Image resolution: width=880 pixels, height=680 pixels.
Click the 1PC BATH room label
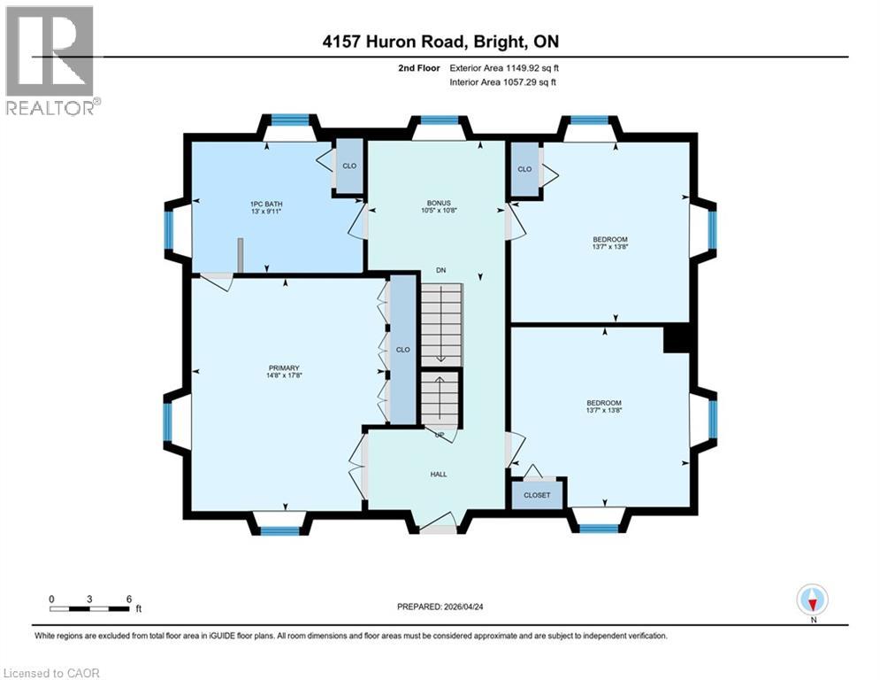click(264, 207)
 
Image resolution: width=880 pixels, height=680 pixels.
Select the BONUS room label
click(437, 206)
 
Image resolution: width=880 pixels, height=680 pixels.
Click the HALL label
click(438, 474)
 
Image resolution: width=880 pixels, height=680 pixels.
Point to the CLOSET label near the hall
click(537, 495)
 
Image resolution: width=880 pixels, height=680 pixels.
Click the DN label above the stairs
click(440, 270)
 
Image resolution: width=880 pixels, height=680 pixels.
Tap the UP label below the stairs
click(439, 435)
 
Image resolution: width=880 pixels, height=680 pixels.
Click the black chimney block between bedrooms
click(677, 339)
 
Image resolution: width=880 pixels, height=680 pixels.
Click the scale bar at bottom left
click(91, 608)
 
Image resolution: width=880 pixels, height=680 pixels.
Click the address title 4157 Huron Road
click(440, 42)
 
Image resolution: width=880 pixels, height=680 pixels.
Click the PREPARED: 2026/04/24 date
click(440, 607)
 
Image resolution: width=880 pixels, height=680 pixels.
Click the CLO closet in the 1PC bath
click(349, 166)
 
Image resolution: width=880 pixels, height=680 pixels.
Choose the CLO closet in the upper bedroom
click(524, 168)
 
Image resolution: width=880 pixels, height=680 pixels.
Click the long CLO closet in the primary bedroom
click(403, 350)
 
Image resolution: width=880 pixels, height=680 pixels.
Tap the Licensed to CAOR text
click(51, 673)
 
